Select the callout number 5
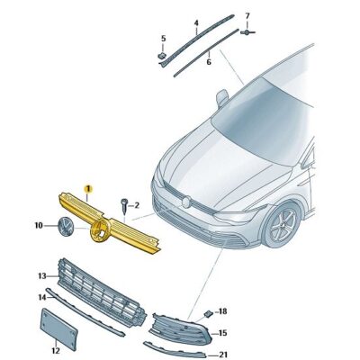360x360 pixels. click(x=163, y=38)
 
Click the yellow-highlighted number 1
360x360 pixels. click(x=88, y=188)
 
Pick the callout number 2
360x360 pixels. click(x=137, y=206)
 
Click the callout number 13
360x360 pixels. click(x=41, y=275)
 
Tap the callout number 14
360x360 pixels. click(x=41, y=296)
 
